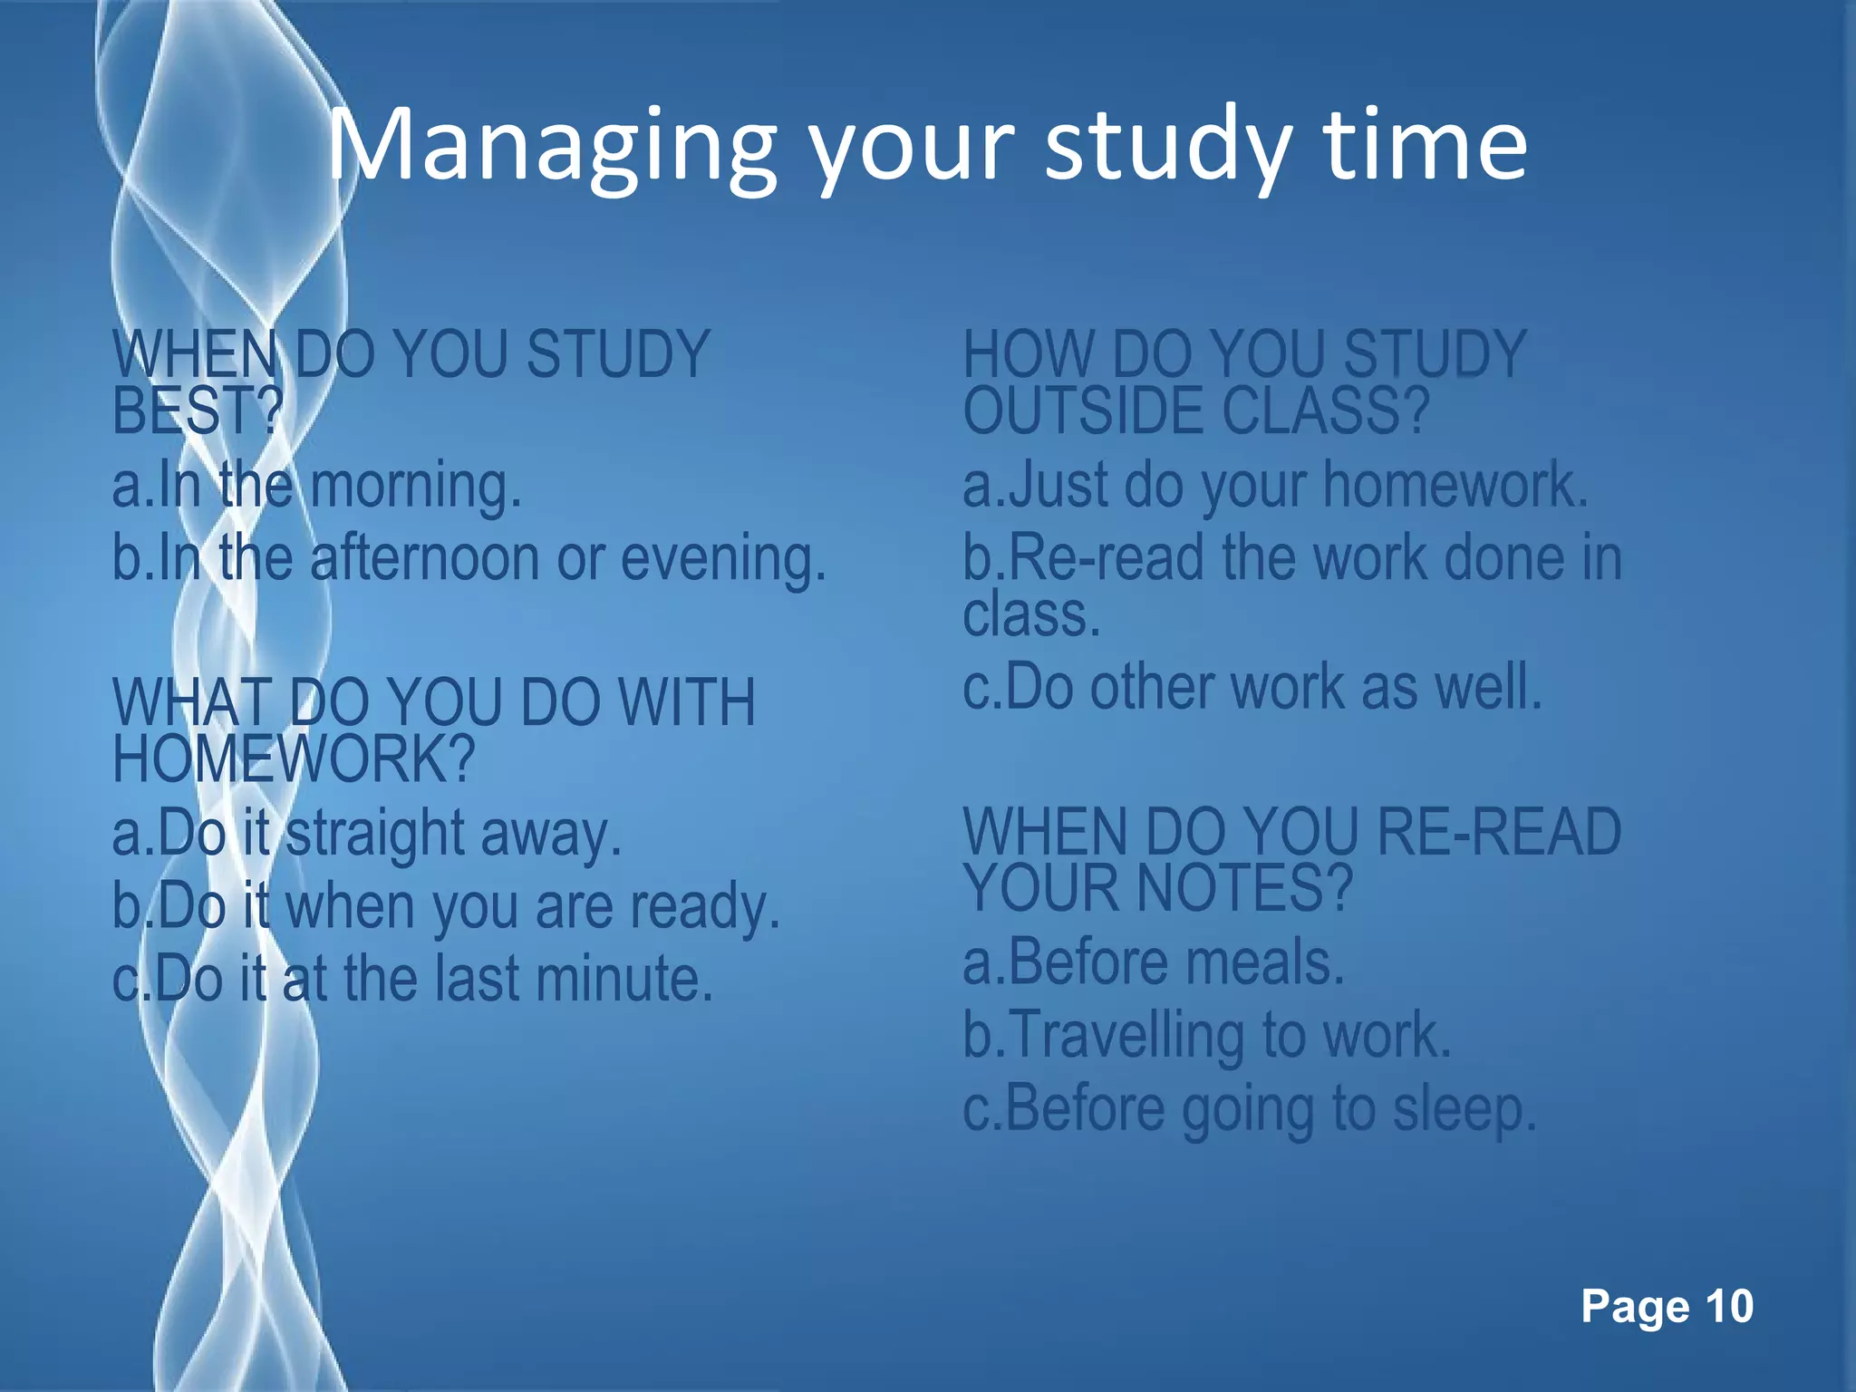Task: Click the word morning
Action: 416,486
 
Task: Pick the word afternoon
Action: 425,559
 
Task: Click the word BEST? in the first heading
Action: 198,411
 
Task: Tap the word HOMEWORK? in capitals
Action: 294,759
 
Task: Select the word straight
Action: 375,834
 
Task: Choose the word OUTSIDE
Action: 1082,411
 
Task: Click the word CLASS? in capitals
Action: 1325,411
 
